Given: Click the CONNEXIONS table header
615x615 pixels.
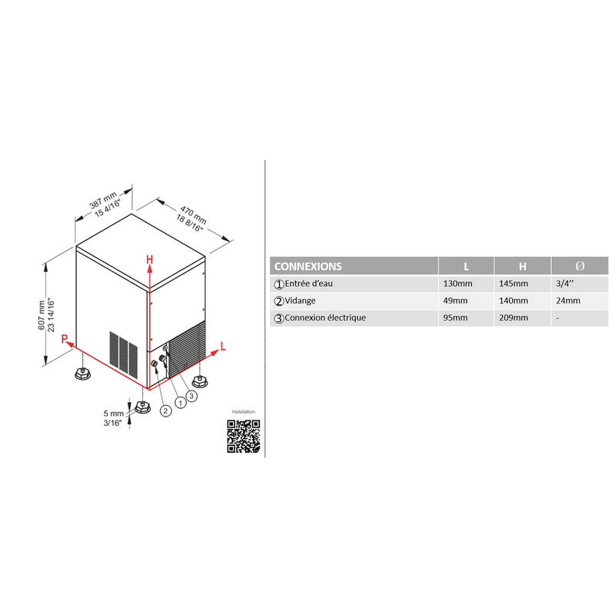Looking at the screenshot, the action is click(308, 266).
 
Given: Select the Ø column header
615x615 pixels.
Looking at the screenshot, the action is click(580, 266).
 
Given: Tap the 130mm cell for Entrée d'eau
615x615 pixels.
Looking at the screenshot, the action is click(457, 284).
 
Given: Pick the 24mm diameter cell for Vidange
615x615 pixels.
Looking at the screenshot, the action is click(568, 301).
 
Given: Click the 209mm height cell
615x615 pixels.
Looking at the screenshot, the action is click(514, 317).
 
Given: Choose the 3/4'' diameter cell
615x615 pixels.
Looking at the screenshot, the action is click(565, 284).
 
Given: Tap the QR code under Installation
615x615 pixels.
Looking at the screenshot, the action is click(244, 436).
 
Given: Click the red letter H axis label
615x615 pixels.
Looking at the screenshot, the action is click(149, 260).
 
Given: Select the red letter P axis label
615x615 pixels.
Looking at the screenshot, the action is click(65, 339).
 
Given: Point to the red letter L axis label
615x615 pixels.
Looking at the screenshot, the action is click(223, 347).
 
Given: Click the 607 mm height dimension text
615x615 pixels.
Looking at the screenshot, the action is click(42, 315).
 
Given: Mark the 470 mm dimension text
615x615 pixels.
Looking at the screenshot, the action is click(194, 215).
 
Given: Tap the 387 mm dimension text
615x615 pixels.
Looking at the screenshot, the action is click(103, 201).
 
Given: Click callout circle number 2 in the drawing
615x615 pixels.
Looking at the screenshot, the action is click(166, 411).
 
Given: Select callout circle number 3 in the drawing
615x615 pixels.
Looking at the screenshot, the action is click(191, 396).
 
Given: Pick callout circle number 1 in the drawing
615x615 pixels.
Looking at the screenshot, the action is click(181, 403).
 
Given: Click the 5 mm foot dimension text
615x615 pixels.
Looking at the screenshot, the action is click(114, 414).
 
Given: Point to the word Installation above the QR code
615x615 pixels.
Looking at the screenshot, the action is click(243, 412).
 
